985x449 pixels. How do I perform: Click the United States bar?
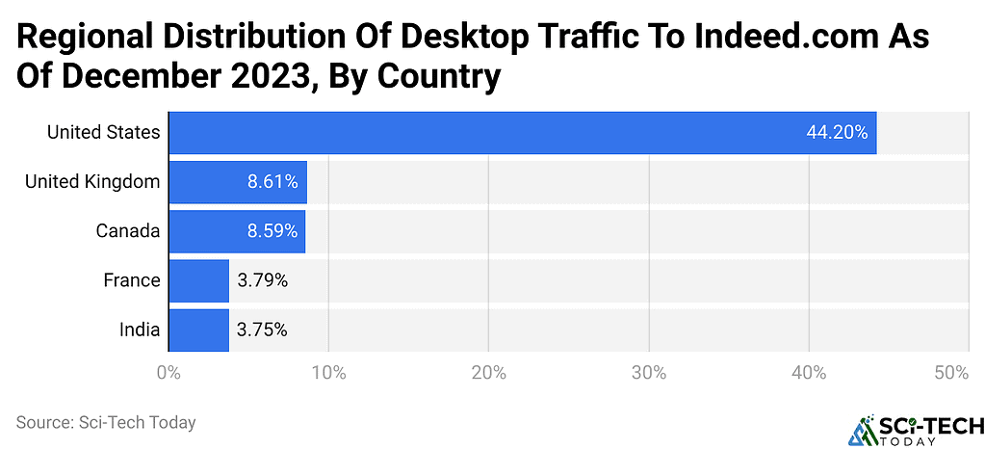522,133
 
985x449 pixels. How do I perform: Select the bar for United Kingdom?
238,182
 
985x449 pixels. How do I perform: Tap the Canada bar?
237,231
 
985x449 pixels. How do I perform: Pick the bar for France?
198,280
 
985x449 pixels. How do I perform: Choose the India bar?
198,330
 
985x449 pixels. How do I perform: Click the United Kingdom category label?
92,182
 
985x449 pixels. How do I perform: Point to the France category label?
132,280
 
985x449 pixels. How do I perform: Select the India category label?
140,330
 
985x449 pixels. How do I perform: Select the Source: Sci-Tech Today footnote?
106,422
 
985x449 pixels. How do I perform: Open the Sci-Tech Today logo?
914,431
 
